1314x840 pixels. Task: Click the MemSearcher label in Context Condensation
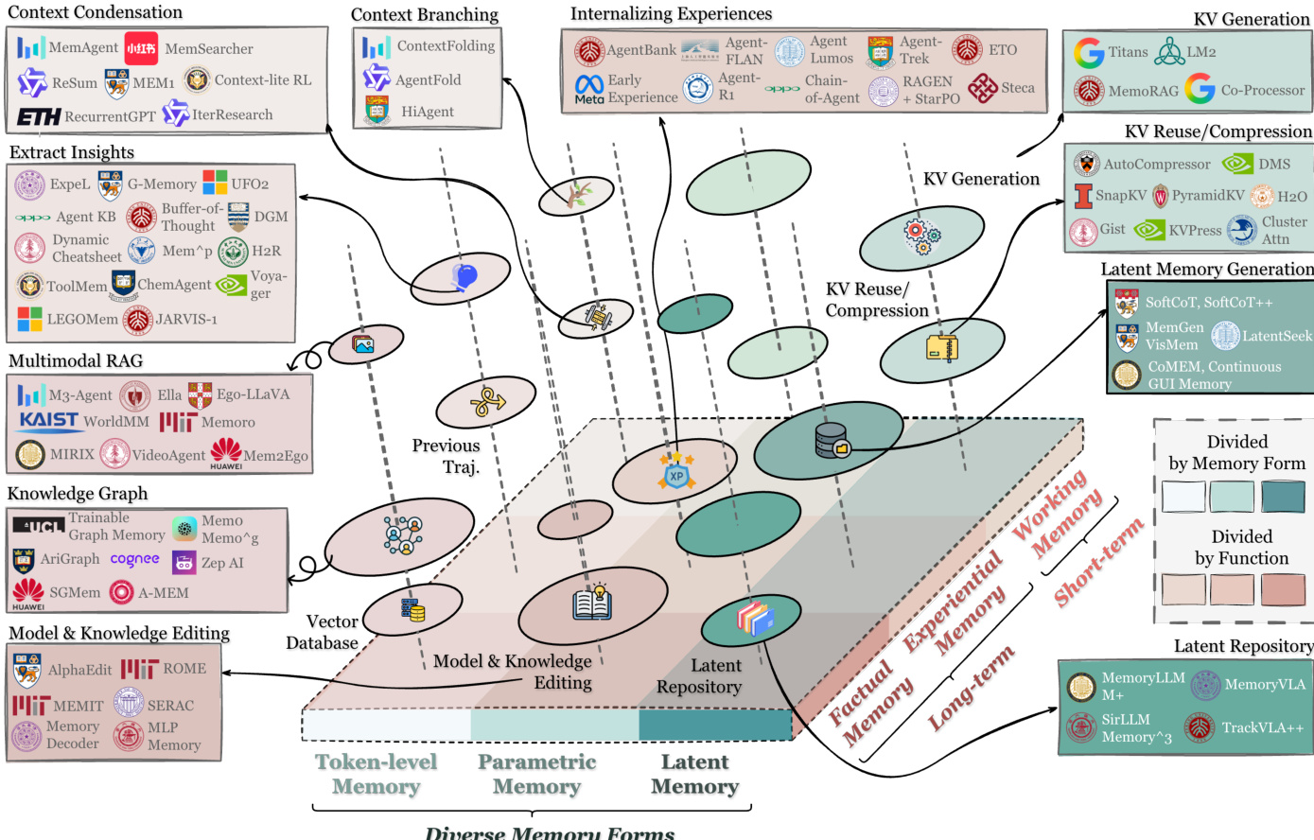coord(209,48)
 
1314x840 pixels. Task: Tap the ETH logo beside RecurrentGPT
coord(39,117)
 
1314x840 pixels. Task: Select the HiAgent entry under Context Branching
coord(427,112)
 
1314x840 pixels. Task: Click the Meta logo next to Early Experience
coord(589,89)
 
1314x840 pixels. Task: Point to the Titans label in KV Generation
coord(1128,52)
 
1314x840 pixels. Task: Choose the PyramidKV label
coord(1208,196)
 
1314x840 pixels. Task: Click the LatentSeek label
coord(1277,336)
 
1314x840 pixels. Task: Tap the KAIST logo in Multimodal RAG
coord(48,421)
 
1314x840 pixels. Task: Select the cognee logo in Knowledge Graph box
coord(134,559)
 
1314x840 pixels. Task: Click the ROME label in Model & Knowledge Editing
coord(184,669)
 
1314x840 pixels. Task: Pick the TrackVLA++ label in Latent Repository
coord(1262,727)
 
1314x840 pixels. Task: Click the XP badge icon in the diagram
coord(676,476)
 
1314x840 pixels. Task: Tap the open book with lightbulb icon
coord(592,603)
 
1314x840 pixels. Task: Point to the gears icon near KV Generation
coord(920,236)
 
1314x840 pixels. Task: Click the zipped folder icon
coord(941,348)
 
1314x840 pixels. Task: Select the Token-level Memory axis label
coord(376,774)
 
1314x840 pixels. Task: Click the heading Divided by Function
coord(1241,548)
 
